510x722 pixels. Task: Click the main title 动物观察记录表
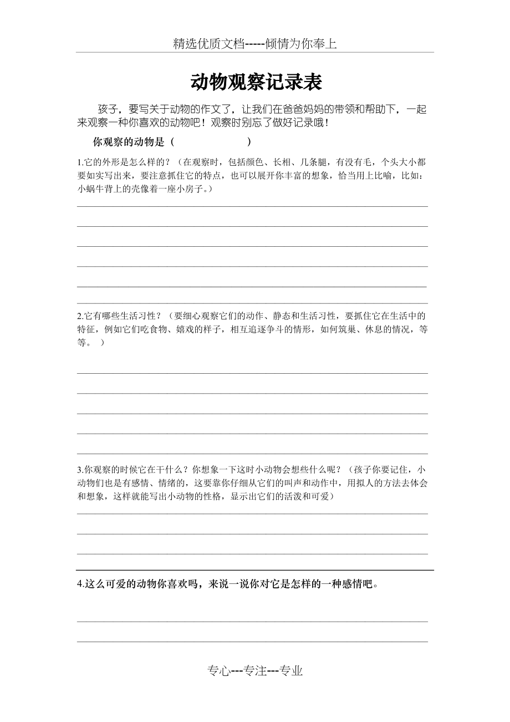(x=256, y=83)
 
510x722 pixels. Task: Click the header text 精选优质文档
(x=208, y=44)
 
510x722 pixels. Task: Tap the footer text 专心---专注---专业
(x=255, y=671)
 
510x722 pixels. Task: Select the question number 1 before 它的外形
(x=79, y=162)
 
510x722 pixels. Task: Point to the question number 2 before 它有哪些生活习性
(x=79, y=316)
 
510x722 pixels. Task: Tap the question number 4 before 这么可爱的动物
(x=80, y=584)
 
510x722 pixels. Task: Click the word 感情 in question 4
(x=345, y=584)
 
